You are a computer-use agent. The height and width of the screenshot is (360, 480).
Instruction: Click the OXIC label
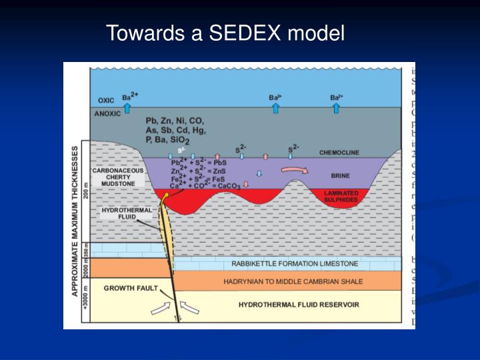click(x=107, y=101)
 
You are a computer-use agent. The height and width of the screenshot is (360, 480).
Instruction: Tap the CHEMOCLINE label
click(x=339, y=153)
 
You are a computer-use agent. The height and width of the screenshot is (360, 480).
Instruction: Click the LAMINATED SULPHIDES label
click(x=341, y=196)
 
